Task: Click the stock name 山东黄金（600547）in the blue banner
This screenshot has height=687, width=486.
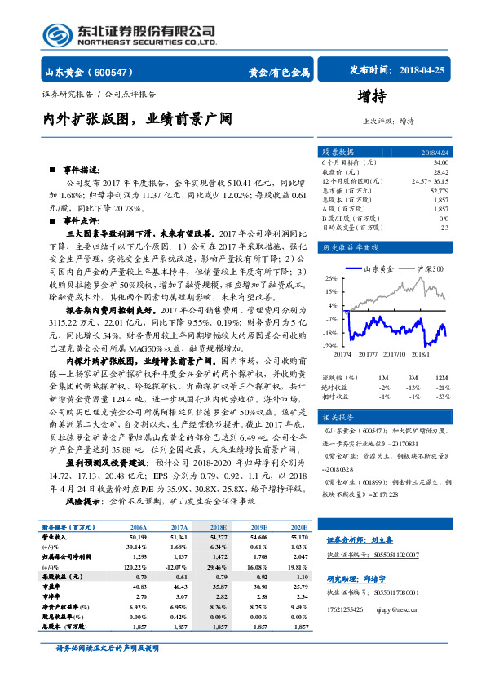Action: tap(91, 72)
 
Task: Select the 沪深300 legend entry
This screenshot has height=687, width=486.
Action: tap(429, 268)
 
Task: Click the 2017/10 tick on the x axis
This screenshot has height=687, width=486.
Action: tap(394, 354)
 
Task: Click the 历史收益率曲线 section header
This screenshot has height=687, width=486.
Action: tap(351, 248)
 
